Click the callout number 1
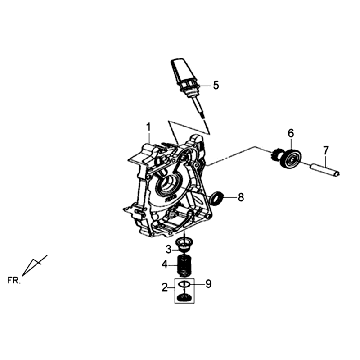[148, 127]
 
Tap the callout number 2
[165, 287]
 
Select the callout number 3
[169, 249]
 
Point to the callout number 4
[165, 265]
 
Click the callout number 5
[216, 85]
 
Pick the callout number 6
[291, 134]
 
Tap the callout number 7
[326, 149]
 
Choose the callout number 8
[240, 198]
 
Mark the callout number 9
[208, 284]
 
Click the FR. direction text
[14, 280]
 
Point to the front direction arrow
[34, 266]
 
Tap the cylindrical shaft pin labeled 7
[325, 169]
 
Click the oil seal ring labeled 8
[217, 198]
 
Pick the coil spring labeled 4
[184, 265]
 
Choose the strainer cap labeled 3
[183, 245]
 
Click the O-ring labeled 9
[184, 284]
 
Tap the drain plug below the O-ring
[184, 297]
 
